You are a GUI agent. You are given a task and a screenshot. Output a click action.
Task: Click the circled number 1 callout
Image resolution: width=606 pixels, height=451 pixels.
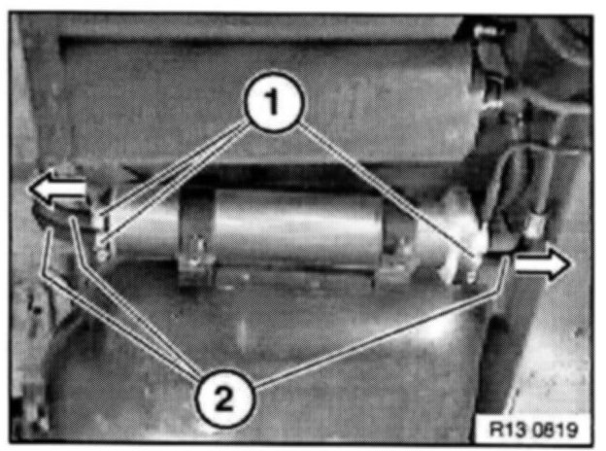coord(274,102)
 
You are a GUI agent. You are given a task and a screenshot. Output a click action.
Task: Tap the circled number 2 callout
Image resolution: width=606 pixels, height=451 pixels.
coord(225,398)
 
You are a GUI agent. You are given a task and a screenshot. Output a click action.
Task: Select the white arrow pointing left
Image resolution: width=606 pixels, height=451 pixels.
coord(56,189)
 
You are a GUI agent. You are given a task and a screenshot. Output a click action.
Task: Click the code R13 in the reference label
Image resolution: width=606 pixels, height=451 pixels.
coord(507,429)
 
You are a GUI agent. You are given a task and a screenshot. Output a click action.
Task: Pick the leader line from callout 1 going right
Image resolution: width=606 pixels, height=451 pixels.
coord(388,190)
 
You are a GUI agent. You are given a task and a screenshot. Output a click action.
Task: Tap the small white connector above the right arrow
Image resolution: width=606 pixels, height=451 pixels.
coord(535,225)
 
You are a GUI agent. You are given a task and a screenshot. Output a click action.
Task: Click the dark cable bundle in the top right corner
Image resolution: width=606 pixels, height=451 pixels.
coord(490,58)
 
